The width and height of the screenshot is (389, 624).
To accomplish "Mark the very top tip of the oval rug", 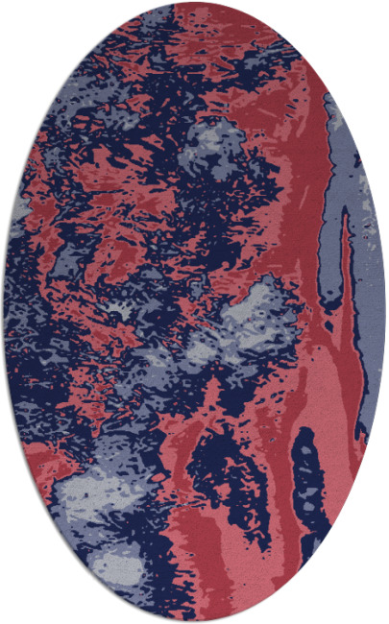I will click(x=194, y=3).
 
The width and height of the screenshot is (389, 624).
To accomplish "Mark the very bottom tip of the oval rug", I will click(x=194, y=621).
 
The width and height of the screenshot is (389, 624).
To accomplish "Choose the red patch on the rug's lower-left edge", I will click(x=38, y=461).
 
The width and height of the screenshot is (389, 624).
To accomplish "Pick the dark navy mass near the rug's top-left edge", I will click(x=96, y=67).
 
